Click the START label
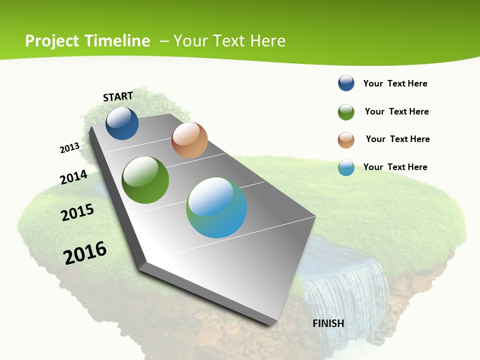118,96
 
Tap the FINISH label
328,323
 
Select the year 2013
70,148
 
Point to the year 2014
74,177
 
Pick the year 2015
77,212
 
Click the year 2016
85,252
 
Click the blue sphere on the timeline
122,123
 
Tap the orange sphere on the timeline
189,140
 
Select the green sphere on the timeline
145,180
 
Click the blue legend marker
346,83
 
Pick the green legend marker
346,112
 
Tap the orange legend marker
346,140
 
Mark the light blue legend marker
346,167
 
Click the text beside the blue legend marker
395,83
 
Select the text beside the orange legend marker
397,139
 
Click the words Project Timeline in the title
87,41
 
